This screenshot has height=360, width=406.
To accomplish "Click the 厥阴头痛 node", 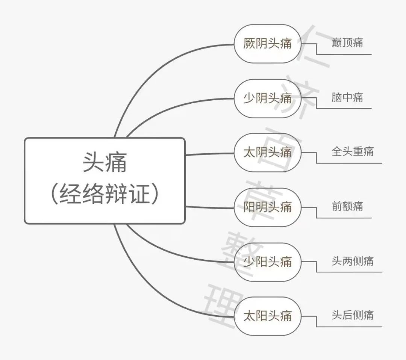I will pyautogui.click(x=268, y=44).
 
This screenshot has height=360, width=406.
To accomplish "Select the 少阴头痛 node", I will pyautogui.click(x=268, y=98).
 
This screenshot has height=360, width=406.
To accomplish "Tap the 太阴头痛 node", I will pyautogui.click(x=268, y=153).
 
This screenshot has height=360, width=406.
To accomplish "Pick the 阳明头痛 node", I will pyautogui.click(x=268, y=207).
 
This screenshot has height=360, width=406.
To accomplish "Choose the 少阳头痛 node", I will pyautogui.click(x=268, y=262).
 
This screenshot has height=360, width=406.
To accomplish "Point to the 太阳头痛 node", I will pyautogui.click(x=268, y=316).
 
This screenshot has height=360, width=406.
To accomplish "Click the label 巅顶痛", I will pyautogui.click(x=347, y=42).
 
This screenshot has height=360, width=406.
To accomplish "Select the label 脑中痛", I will pyautogui.click(x=347, y=97).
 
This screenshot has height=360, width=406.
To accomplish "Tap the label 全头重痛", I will pyautogui.click(x=352, y=152).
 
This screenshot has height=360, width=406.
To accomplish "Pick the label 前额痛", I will pyautogui.click(x=347, y=206).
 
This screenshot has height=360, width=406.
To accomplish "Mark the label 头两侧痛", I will pyautogui.click(x=352, y=261).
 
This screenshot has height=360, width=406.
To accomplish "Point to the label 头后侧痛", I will pyautogui.click(x=352, y=315).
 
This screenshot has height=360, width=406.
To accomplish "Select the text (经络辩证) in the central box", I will pyautogui.click(x=105, y=195).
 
